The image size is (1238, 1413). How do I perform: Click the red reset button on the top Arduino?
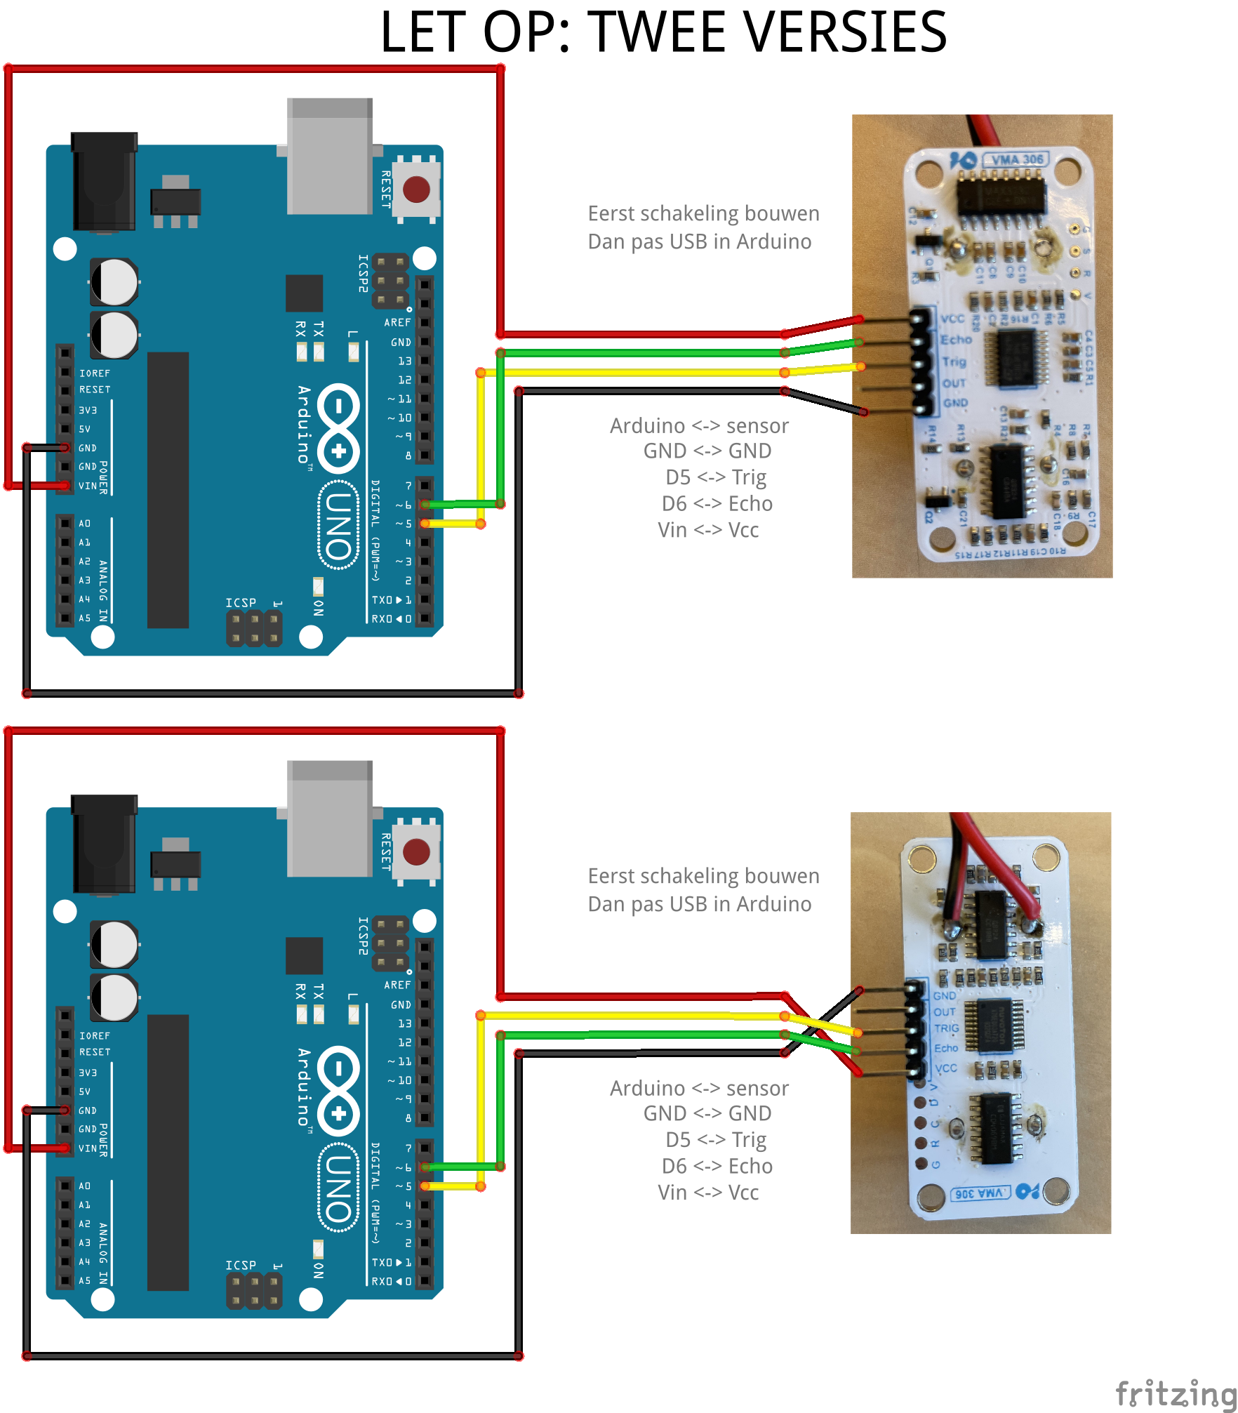coord(416,189)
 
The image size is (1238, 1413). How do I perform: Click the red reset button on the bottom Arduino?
coord(416,851)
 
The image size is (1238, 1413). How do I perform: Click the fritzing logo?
coord(1175,1393)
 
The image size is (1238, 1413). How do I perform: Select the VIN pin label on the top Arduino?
coord(88,486)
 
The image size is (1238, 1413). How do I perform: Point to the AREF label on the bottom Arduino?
coord(397,985)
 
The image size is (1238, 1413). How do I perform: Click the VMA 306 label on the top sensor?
coord(1017,159)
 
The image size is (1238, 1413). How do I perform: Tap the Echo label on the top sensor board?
coord(956,340)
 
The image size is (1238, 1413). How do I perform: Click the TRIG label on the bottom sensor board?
coord(946,1028)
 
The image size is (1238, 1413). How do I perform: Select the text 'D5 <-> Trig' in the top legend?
coord(715,477)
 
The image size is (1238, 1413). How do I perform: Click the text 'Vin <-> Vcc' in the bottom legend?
coord(708,1193)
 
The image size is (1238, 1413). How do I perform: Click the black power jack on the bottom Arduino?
coord(104,842)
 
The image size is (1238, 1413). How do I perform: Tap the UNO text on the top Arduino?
coord(339,525)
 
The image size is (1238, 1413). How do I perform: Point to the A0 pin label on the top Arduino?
coord(84,524)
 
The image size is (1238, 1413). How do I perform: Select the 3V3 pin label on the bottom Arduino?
coord(88,1073)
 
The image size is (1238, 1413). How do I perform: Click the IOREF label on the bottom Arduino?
coord(95,1036)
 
